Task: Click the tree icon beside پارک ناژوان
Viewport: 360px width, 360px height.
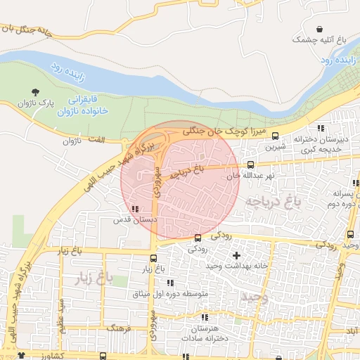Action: point(36,92)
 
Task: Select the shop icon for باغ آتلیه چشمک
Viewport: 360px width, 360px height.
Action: point(321,29)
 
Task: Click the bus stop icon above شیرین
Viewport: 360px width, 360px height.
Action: point(274,136)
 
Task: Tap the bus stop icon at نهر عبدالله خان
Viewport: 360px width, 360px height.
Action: point(250,165)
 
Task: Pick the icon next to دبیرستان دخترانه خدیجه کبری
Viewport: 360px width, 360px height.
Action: point(321,128)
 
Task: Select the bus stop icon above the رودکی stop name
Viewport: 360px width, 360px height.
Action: point(198,238)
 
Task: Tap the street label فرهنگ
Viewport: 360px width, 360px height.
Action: point(115,328)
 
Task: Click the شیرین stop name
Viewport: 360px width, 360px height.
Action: point(274,148)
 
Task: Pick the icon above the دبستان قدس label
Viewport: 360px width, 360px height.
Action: point(135,208)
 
